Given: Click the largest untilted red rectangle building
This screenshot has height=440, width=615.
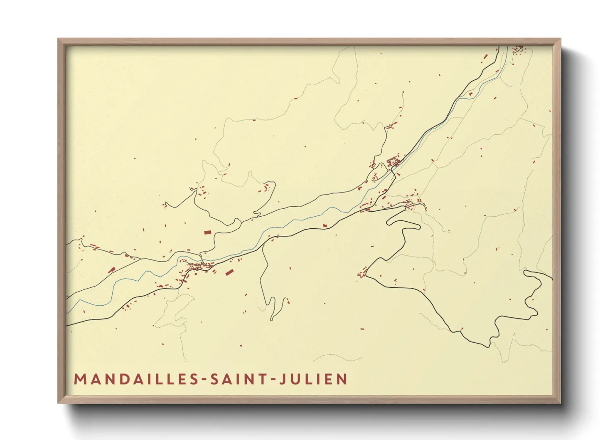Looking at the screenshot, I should [207, 232].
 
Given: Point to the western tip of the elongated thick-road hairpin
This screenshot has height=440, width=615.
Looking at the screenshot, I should [388, 222].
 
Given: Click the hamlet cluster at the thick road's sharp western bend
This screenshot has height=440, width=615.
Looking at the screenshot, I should [362, 274].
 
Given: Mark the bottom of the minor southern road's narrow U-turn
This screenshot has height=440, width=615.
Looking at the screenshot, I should [272, 319].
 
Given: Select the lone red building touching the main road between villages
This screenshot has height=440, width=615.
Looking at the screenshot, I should [325, 225].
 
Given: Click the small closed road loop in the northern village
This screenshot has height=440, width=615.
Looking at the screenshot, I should [392, 161].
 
